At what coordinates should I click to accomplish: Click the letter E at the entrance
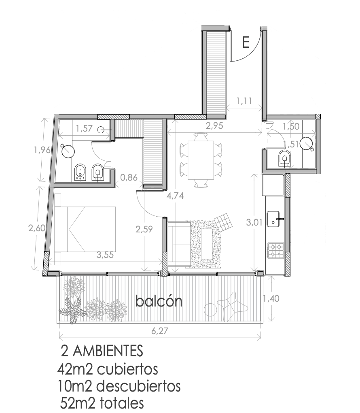coord(246,42)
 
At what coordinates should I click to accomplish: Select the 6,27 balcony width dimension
coord(159,330)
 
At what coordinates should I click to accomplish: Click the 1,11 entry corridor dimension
coord(244,100)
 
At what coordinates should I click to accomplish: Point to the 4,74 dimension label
coord(175,196)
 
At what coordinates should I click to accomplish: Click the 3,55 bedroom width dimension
coord(105,255)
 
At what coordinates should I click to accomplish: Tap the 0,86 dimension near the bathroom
coord(129,177)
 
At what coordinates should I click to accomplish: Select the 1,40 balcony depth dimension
coord(271,298)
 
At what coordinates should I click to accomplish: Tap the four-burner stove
coord(276,250)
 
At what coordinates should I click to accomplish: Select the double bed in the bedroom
coord(85,229)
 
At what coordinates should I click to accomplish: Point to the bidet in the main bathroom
coord(80,172)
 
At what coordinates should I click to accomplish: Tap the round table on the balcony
coord(210,309)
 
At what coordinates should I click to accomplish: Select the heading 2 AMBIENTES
coord(102,351)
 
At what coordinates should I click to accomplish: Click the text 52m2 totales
coord(102,403)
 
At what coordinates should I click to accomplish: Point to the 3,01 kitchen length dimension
coord(254,223)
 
